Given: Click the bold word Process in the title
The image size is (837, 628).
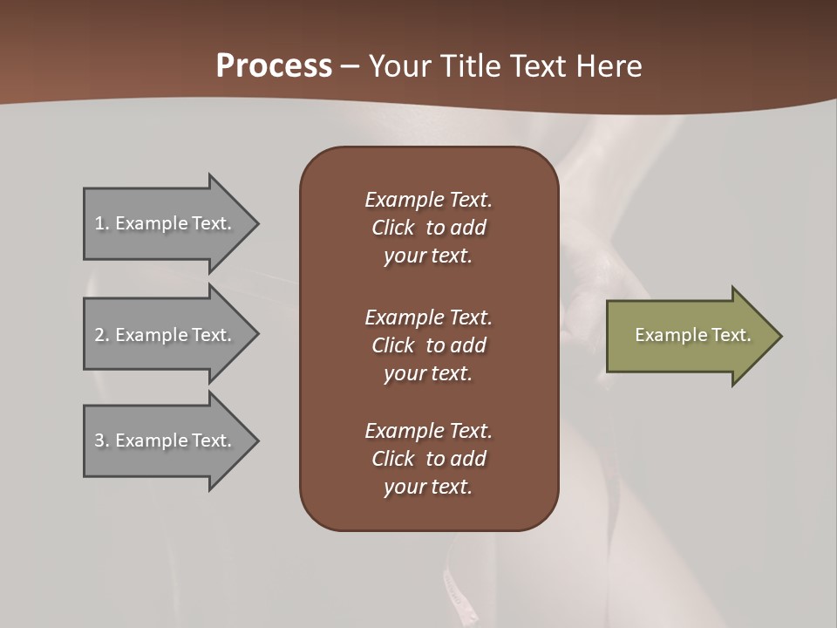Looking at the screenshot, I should click(274, 66).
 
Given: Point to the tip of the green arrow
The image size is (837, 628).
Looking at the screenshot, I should click(779, 336).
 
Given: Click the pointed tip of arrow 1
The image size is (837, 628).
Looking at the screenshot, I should click(255, 223).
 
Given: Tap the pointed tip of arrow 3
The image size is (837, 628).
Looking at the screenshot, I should click(255, 440).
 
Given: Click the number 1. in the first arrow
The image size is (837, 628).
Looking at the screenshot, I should click(102, 223).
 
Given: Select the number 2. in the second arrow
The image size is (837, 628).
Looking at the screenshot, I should click(102, 335).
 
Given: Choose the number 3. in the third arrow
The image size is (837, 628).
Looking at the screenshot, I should click(102, 440).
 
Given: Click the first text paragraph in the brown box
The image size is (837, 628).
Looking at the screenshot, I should click(428, 228).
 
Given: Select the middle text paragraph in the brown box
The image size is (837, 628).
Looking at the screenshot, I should click(428, 345).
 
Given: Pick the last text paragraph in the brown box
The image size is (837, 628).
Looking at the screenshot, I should click(428, 459).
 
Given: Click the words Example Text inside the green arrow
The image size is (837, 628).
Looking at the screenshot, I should click(692, 335).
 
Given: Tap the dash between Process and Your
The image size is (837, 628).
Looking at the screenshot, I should click(350, 67).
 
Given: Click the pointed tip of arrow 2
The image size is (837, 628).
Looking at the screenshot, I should click(255, 335).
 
